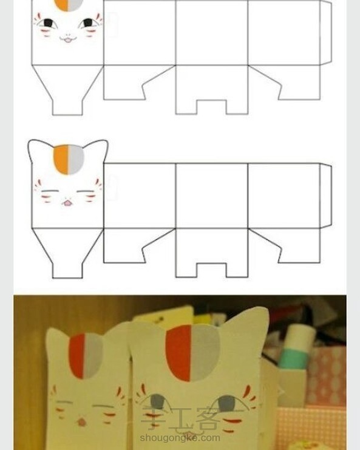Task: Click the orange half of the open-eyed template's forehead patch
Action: pos(63,5)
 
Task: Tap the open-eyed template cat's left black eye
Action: pos(48,22)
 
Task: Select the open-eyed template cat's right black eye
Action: pos(88,22)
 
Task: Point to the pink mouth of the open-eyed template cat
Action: pos(68,39)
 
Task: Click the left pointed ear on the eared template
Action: pos(36,150)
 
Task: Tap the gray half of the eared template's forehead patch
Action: pos(76,159)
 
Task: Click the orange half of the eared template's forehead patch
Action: pos(61,159)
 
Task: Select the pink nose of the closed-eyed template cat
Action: pos(68,203)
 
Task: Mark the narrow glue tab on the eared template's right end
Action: pos(326,196)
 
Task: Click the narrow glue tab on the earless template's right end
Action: pos(326,32)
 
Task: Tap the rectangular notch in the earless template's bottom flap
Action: pos(211,107)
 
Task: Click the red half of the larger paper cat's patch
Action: pos(178,353)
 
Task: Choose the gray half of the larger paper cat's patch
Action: pos(204,353)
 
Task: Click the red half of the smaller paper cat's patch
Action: pos(78,356)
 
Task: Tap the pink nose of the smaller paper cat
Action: pos(82,422)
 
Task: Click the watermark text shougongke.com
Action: pos(180,438)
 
